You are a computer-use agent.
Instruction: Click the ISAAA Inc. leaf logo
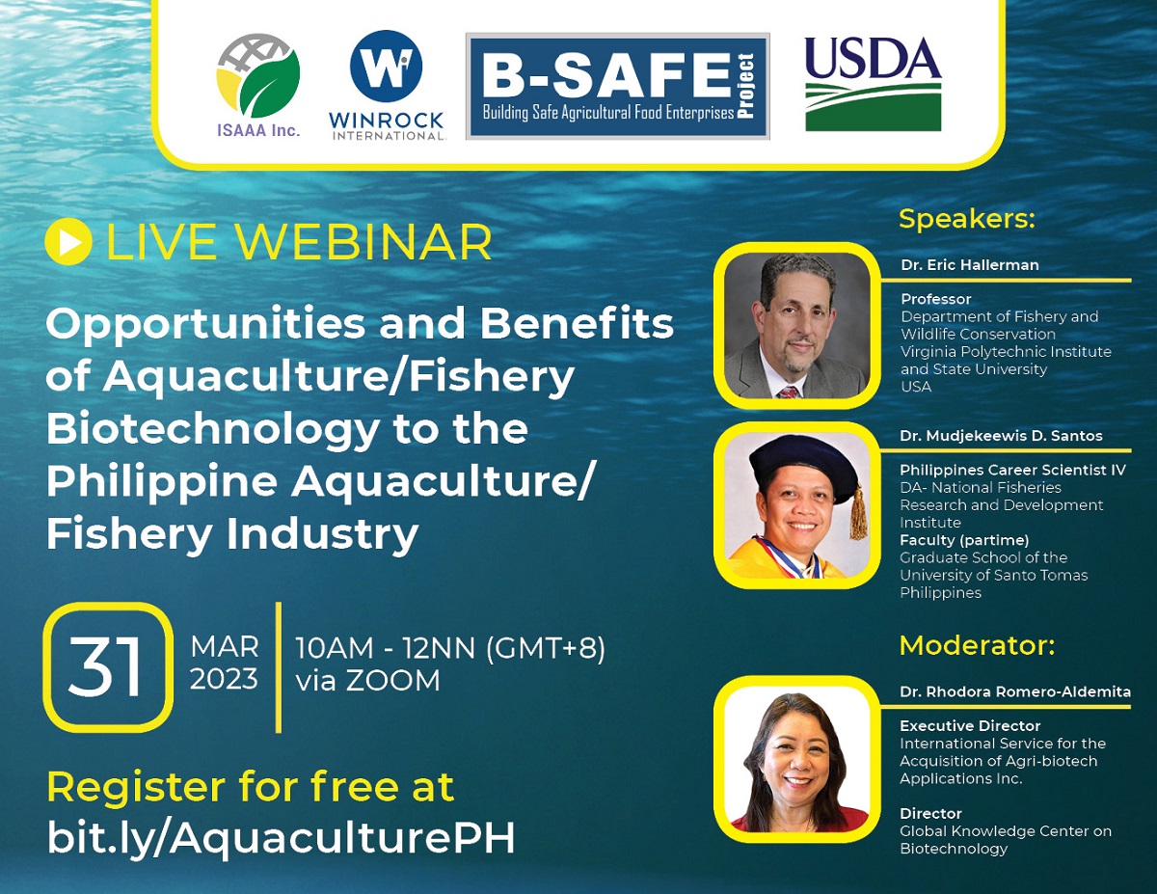point(258,75)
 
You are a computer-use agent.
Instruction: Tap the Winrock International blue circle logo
point(386,66)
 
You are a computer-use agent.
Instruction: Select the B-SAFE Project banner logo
point(618,86)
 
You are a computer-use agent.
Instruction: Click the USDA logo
point(874,84)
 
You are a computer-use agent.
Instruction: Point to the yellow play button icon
point(68,242)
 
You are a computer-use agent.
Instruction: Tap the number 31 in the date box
point(105,667)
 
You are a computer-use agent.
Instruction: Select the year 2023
point(224,679)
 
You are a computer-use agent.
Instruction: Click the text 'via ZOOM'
point(368,681)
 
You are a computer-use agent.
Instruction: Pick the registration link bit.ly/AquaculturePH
point(282,837)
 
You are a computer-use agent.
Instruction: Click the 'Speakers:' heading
point(967,219)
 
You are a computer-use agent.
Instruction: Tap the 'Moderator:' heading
point(977,646)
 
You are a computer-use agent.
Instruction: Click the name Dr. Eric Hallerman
point(970,265)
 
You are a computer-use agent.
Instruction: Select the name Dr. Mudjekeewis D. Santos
point(1001,436)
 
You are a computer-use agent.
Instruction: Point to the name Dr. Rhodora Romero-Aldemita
point(1015,692)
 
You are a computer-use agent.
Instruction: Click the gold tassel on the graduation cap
point(858,513)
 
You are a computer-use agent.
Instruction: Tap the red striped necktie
point(788,393)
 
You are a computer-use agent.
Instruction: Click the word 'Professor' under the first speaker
point(936,299)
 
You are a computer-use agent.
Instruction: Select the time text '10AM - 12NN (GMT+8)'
point(450,648)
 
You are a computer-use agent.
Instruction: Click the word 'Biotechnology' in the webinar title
point(213,430)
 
